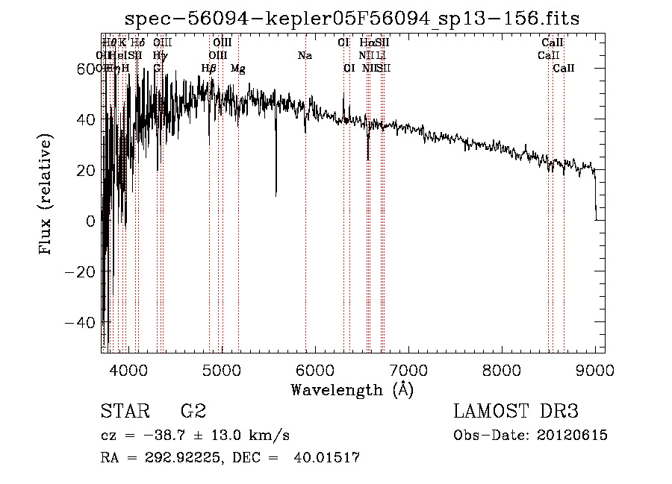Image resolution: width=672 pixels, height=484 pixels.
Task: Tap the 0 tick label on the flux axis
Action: coord(91,221)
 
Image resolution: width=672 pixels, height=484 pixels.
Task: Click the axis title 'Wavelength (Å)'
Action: coord(352,389)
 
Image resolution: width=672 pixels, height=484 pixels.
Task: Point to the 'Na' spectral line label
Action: coord(305,56)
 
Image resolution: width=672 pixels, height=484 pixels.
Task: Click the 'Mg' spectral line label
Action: coord(238,69)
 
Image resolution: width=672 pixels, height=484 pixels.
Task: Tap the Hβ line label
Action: coord(209,69)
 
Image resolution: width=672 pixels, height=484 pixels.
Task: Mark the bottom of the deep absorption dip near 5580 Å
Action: coord(276,195)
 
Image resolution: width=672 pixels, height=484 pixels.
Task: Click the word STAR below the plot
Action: coord(123,412)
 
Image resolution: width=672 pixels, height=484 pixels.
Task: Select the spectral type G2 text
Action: coord(193,412)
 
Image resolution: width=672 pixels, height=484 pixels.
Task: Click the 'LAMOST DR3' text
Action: coord(516,412)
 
